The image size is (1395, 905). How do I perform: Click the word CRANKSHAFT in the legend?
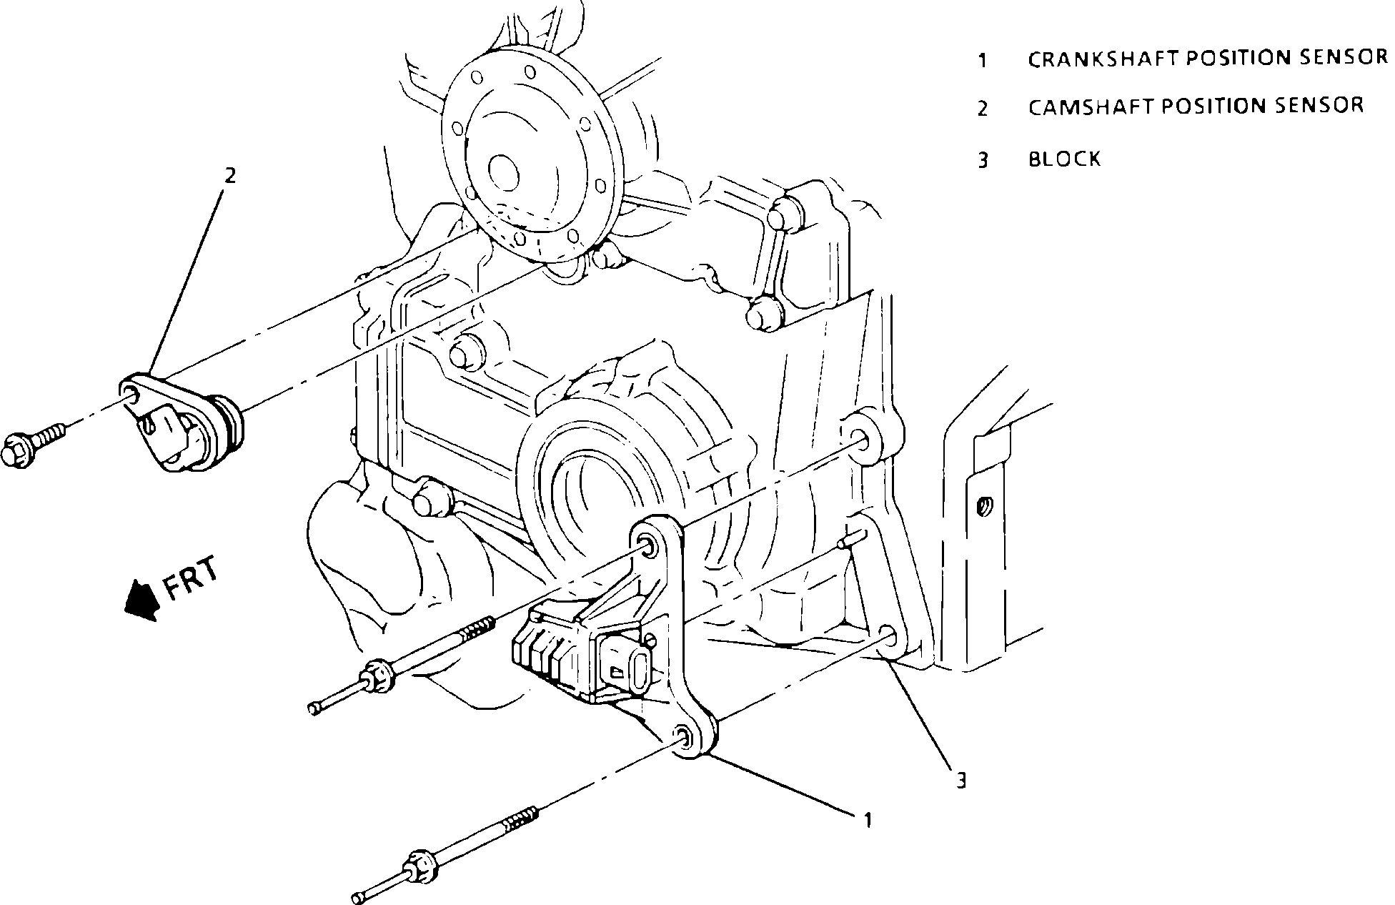point(1103,59)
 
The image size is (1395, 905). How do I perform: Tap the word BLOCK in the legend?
point(1064,159)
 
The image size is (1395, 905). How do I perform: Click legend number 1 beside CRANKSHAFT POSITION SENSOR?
point(983,60)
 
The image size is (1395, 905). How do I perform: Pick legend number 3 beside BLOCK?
point(983,160)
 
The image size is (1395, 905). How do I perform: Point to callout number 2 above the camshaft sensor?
point(229,175)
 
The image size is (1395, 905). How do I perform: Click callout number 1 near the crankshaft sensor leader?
point(868,820)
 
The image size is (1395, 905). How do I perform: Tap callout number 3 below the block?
point(961,780)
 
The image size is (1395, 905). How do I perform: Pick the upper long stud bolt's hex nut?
point(374,676)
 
